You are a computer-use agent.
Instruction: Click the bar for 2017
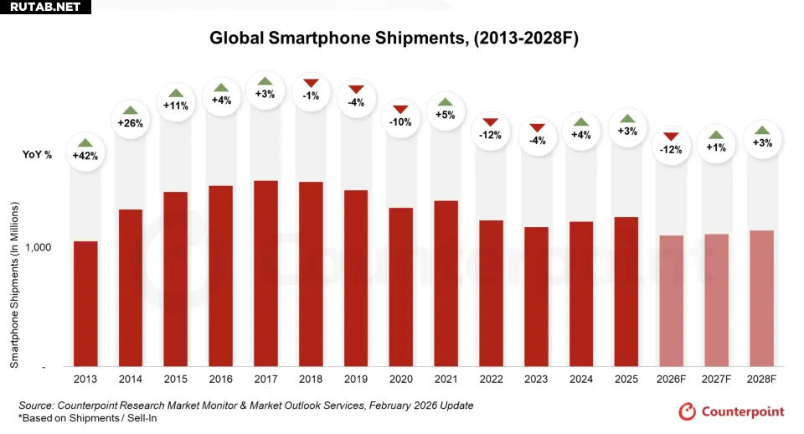[x=265, y=273]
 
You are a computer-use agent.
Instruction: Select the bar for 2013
[x=85, y=303]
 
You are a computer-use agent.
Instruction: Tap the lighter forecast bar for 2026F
[x=672, y=301]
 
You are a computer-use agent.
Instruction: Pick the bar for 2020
[x=401, y=287]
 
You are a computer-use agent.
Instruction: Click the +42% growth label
[x=85, y=156]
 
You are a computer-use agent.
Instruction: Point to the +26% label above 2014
[x=131, y=123]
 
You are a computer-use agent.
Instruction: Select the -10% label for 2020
[x=400, y=122]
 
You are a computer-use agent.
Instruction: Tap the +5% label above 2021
[x=445, y=115]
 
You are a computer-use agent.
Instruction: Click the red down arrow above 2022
[x=490, y=122]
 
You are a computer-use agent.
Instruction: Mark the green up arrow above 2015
[x=176, y=93]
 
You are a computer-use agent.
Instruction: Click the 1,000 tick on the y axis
[x=39, y=248]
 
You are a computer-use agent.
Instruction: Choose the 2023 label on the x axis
[x=537, y=380]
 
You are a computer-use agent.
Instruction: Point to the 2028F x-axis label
[x=761, y=380]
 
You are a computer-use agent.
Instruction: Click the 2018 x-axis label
[x=311, y=380]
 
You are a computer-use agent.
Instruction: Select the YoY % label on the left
[x=37, y=155]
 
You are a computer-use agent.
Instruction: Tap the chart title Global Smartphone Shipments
[x=394, y=39]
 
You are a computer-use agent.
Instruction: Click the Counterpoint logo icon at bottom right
[x=688, y=411]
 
